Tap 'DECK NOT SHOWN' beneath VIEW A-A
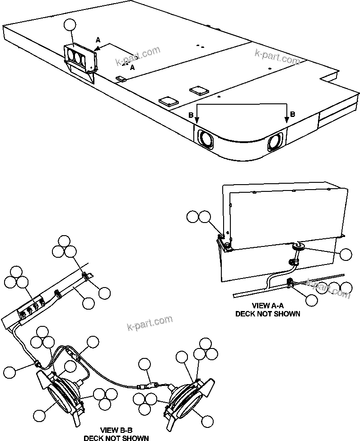click(267, 313)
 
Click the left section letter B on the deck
click(191, 116)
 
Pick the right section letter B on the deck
click(293, 115)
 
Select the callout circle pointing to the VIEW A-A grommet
click(346, 255)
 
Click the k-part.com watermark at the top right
click(276, 58)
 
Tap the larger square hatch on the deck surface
click(199, 89)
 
